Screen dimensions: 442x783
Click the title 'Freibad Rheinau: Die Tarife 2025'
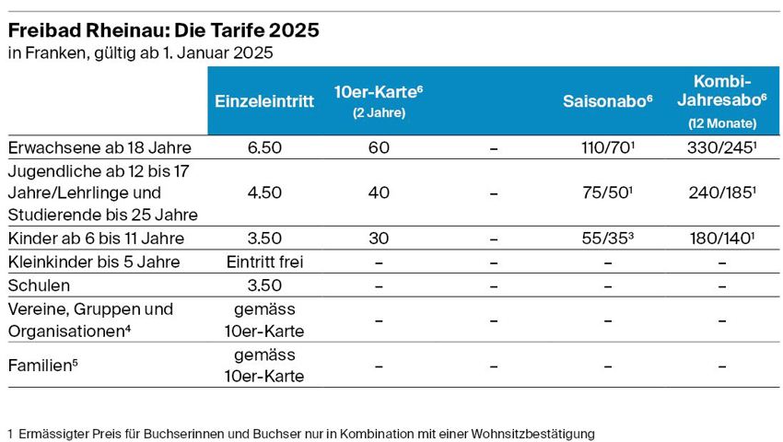[164, 30]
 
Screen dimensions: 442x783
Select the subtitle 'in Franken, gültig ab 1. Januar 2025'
[140, 53]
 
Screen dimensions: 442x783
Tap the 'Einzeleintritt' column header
[264, 102]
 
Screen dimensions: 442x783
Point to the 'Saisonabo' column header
[607, 102]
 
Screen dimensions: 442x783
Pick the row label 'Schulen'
[39, 285]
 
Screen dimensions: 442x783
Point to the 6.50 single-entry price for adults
[264, 147]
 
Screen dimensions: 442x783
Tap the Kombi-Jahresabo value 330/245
[721, 147]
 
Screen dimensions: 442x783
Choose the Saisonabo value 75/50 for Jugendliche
[607, 193]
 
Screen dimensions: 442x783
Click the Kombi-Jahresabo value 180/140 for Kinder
[721, 238]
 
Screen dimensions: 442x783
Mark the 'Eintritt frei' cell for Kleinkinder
[264, 262]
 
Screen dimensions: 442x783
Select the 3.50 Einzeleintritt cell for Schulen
[264, 285]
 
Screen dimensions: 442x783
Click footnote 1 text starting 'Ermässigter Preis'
[304, 432]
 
